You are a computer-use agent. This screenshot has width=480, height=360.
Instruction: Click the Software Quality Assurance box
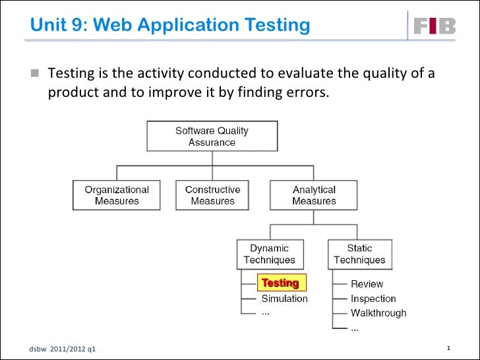click(x=212, y=136)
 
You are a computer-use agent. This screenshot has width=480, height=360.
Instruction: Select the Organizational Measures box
click(x=117, y=196)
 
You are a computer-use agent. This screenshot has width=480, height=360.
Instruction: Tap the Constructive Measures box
click(x=212, y=196)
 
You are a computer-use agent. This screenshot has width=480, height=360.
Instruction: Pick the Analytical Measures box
click(x=314, y=196)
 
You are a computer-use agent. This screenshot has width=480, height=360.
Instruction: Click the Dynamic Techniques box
click(x=269, y=254)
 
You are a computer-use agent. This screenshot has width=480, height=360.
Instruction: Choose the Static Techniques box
click(x=359, y=254)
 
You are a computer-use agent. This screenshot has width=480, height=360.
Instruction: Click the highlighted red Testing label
click(x=281, y=283)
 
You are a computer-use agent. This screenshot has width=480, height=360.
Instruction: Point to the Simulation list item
click(x=285, y=298)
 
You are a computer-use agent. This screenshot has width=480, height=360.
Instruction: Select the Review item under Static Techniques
click(x=367, y=284)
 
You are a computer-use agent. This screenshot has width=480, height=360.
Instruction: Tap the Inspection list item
click(x=373, y=299)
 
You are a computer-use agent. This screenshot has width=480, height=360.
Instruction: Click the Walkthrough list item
click(x=378, y=313)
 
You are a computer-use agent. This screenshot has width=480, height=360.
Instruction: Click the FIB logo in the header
click(x=434, y=26)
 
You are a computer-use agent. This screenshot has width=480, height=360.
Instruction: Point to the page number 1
click(x=448, y=347)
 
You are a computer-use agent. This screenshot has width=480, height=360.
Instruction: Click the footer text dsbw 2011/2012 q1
click(x=61, y=348)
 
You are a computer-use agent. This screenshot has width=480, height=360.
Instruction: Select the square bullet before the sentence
click(x=34, y=73)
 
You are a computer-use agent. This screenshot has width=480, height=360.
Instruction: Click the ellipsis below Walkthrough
click(x=355, y=327)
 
